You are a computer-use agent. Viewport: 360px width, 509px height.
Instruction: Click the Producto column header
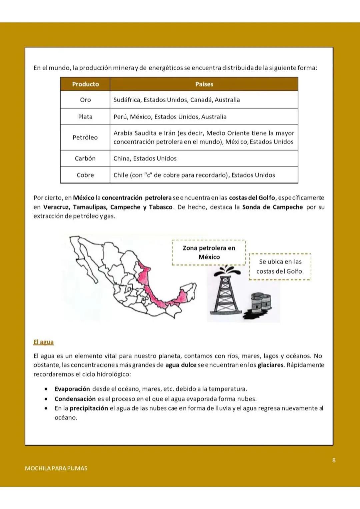85,84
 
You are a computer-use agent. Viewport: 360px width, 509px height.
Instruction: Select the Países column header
204,84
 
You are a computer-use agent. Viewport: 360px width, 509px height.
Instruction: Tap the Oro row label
85,100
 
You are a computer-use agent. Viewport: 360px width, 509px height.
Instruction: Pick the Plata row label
85,117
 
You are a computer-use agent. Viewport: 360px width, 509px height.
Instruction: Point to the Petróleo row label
85,137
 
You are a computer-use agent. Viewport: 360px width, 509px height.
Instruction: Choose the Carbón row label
85,158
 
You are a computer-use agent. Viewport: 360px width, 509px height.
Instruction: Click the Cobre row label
85,175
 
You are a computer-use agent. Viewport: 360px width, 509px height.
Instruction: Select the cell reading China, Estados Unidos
145,158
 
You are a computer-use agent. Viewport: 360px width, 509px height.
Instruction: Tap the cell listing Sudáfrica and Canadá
177,100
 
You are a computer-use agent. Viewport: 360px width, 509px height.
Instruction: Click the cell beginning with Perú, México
170,117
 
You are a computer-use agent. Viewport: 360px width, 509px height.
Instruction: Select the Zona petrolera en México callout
209,253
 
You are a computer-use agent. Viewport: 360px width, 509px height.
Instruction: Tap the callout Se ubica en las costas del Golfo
280,266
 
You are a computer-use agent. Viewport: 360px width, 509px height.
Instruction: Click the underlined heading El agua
43,342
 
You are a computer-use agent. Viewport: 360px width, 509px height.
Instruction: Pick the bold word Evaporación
72,389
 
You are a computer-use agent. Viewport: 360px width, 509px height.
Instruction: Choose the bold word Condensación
75,399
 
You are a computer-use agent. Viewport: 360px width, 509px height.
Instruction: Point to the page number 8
334,460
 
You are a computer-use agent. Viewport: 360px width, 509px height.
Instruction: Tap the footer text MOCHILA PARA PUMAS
56,468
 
